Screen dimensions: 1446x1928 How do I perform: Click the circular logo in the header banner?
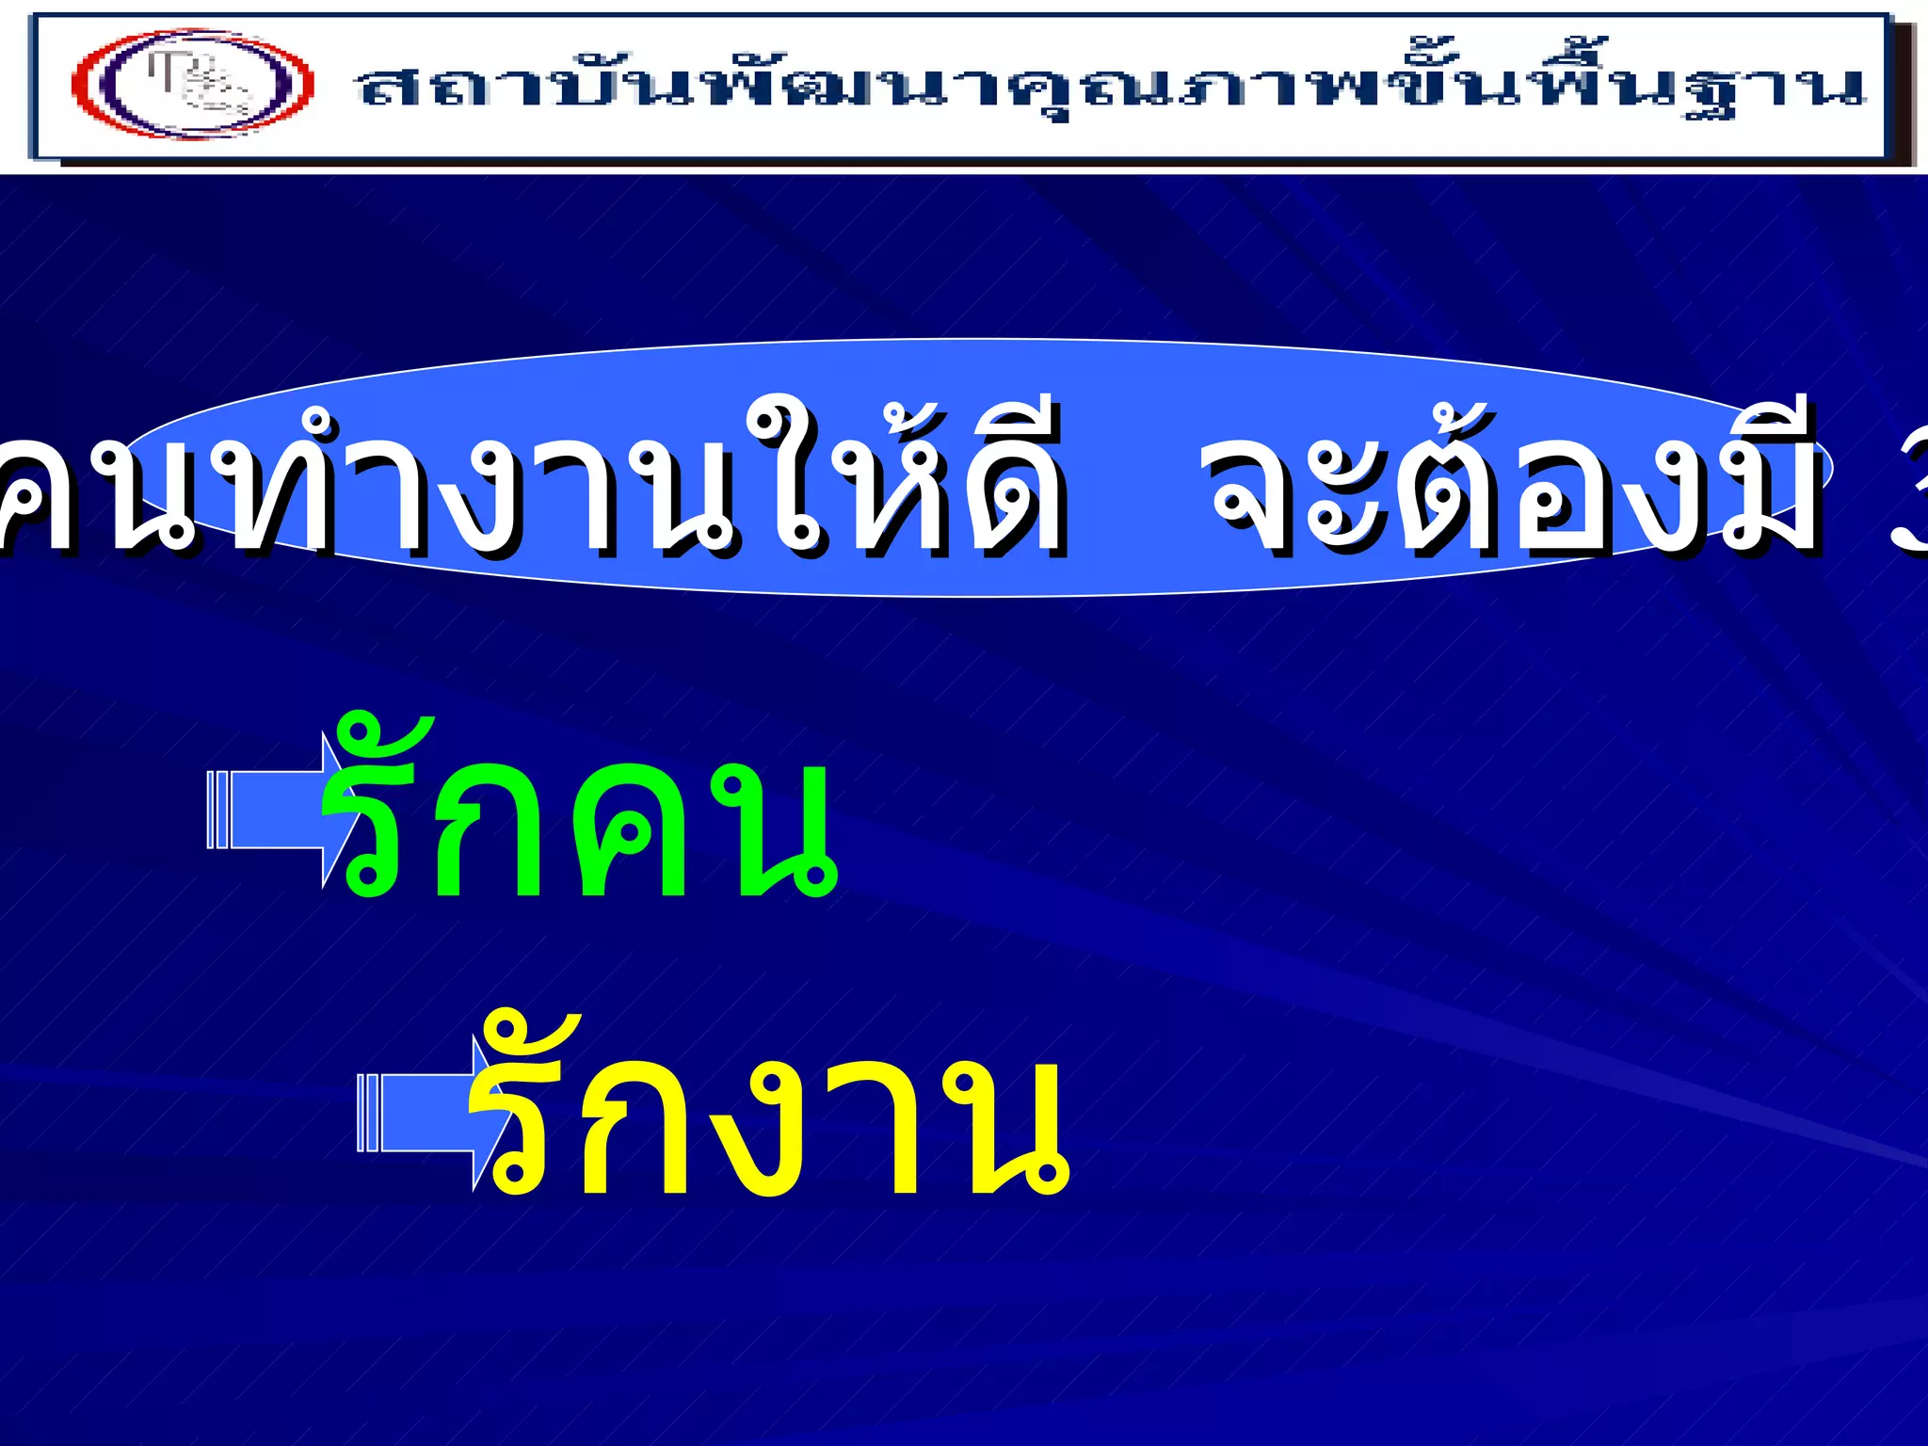tap(193, 84)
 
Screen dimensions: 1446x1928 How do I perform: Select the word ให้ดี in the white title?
tap(904, 480)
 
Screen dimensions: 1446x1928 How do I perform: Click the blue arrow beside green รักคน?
tap(273, 810)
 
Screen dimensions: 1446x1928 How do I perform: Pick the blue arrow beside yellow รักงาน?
tap(424, 1113)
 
